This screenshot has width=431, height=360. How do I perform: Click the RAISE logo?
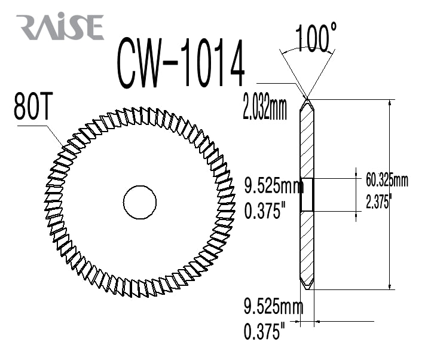tap(60, 27)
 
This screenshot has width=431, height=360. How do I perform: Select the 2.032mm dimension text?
tap(266, 110)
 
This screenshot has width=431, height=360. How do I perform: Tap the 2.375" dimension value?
tap(378, 202)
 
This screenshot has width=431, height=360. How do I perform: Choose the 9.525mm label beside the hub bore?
tap(274, 187)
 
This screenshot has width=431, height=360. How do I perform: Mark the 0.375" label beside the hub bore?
tap(265, 211)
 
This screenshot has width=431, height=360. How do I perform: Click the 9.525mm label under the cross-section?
tap(274, 308)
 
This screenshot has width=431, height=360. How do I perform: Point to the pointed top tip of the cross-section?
tap(307, 99)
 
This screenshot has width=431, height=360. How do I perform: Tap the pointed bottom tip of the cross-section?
tap(307, 290)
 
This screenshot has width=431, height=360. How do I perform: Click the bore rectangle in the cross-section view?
tap(307, 195)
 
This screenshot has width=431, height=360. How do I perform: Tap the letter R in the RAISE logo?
tap(29, 28)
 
